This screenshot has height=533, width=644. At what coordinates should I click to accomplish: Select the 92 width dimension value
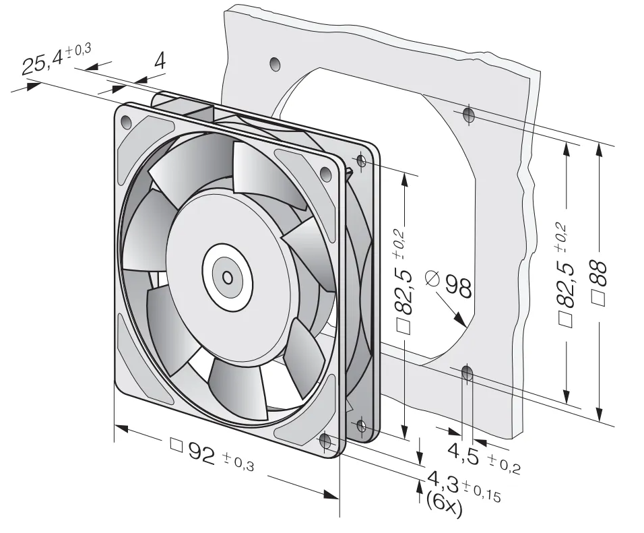click(x=201, y=453)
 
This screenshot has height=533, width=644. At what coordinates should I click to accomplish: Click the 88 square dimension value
click(x=600, y=274)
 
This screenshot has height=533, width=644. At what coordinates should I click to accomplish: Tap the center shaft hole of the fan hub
click(x=227, y=278)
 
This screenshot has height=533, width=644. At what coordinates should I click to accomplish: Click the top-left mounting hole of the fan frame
click(x=126, y=122)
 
